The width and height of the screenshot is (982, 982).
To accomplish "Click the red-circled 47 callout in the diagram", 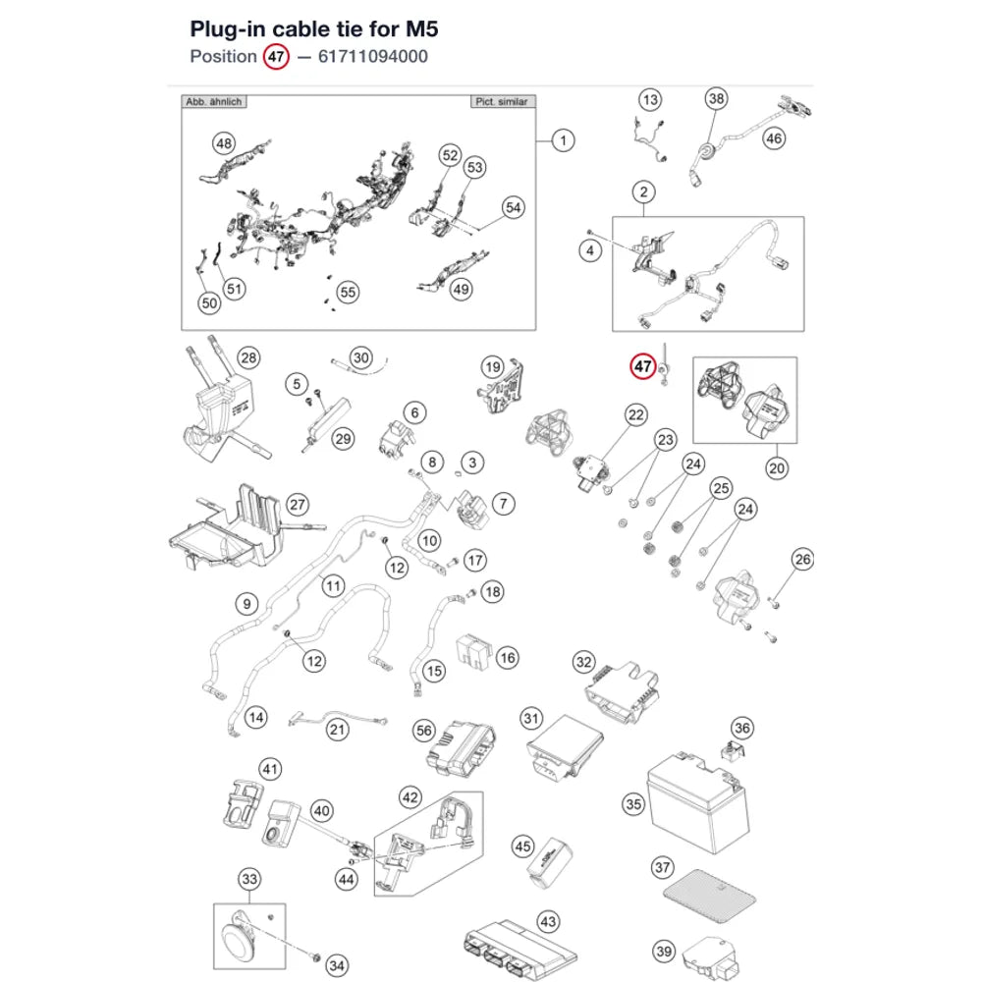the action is tap(642, 366).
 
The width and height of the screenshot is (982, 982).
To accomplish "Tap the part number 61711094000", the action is tap(372, 56).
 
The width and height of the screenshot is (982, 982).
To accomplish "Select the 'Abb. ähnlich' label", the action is tap(213, 101).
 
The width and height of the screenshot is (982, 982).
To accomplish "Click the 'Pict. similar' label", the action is tap(502, 101).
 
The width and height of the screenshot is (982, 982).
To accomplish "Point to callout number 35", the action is tap(633, 804).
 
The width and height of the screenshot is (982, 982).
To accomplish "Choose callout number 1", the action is tap(563, 140).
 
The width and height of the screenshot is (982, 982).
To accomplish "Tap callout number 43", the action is tap(548, 921).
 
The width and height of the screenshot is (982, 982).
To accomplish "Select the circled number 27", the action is tap(298, 505).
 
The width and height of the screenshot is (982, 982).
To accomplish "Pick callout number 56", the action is tap(424, 731).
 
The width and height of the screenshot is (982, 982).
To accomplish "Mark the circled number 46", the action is tap(774, 138).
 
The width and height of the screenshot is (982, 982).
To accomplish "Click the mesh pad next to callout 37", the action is tap(710, 897).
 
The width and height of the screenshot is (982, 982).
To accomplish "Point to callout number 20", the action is tap(777, 468).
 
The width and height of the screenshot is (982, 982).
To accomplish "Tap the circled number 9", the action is tap(246, 604).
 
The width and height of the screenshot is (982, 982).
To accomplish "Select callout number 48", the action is tap(224, 144).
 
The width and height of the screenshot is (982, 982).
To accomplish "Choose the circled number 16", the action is tap(508, 658).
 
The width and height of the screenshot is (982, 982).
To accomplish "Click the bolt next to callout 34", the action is tap(315, 957).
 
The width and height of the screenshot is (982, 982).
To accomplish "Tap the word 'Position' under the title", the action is tap(224, 56).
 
